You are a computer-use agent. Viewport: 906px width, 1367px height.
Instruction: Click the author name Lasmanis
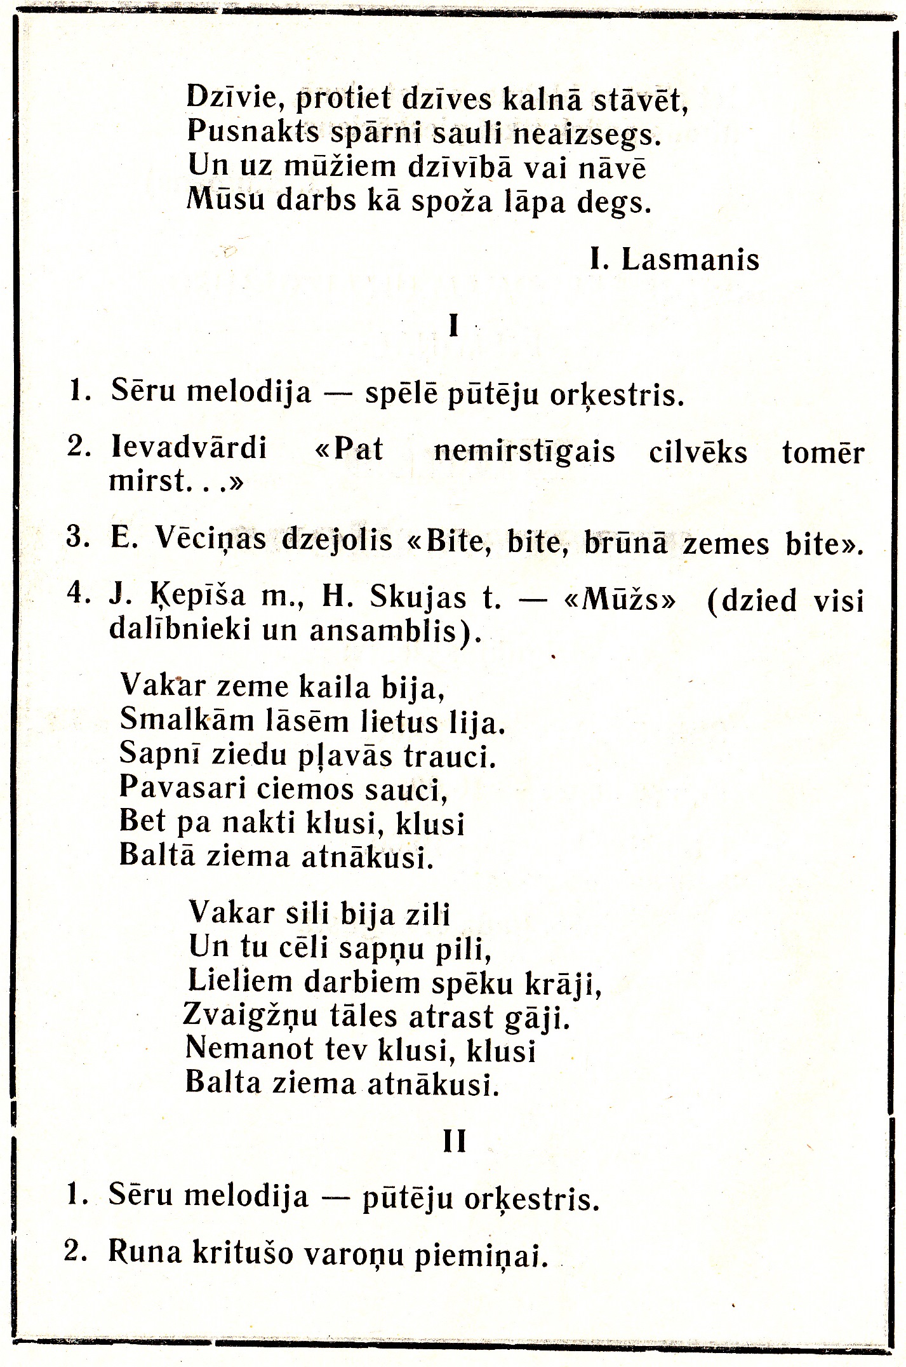689,260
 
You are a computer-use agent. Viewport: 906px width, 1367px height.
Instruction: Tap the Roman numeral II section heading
454,1141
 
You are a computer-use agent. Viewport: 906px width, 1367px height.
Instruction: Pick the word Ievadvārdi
189,448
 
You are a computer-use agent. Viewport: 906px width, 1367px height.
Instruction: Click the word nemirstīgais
524,452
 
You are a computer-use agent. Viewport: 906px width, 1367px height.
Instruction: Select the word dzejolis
337,540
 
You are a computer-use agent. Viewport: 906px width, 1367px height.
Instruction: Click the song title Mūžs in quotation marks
620,600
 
